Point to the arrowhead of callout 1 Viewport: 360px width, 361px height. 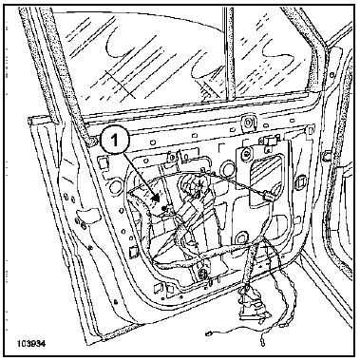click(155, 199)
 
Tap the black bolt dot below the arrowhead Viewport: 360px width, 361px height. click(164, 208)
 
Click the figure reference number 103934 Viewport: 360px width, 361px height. click(31, 344)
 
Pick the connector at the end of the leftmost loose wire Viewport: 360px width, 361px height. click(209, 333)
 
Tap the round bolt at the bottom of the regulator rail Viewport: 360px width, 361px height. click(201, 273)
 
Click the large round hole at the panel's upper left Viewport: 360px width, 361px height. click(116, 187)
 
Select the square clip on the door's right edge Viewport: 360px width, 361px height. click(326, 156)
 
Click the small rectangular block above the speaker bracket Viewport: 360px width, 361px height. click(272, 140)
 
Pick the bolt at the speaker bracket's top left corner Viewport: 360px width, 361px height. click(245, 154)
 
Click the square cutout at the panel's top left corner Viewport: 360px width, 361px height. click(102, 161)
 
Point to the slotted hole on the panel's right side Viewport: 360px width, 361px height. click(299, 182)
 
